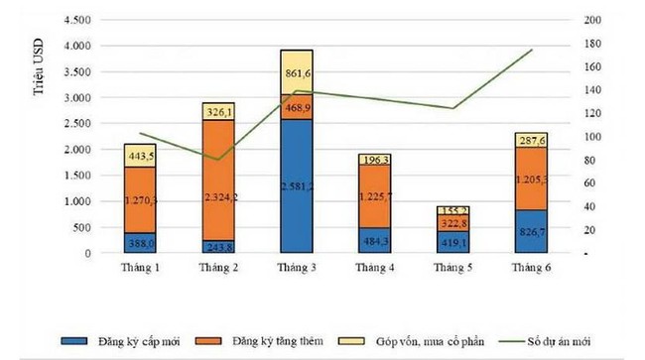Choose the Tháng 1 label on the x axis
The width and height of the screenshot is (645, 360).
(141, 268)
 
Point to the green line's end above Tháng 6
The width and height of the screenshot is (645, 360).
(532, 50)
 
